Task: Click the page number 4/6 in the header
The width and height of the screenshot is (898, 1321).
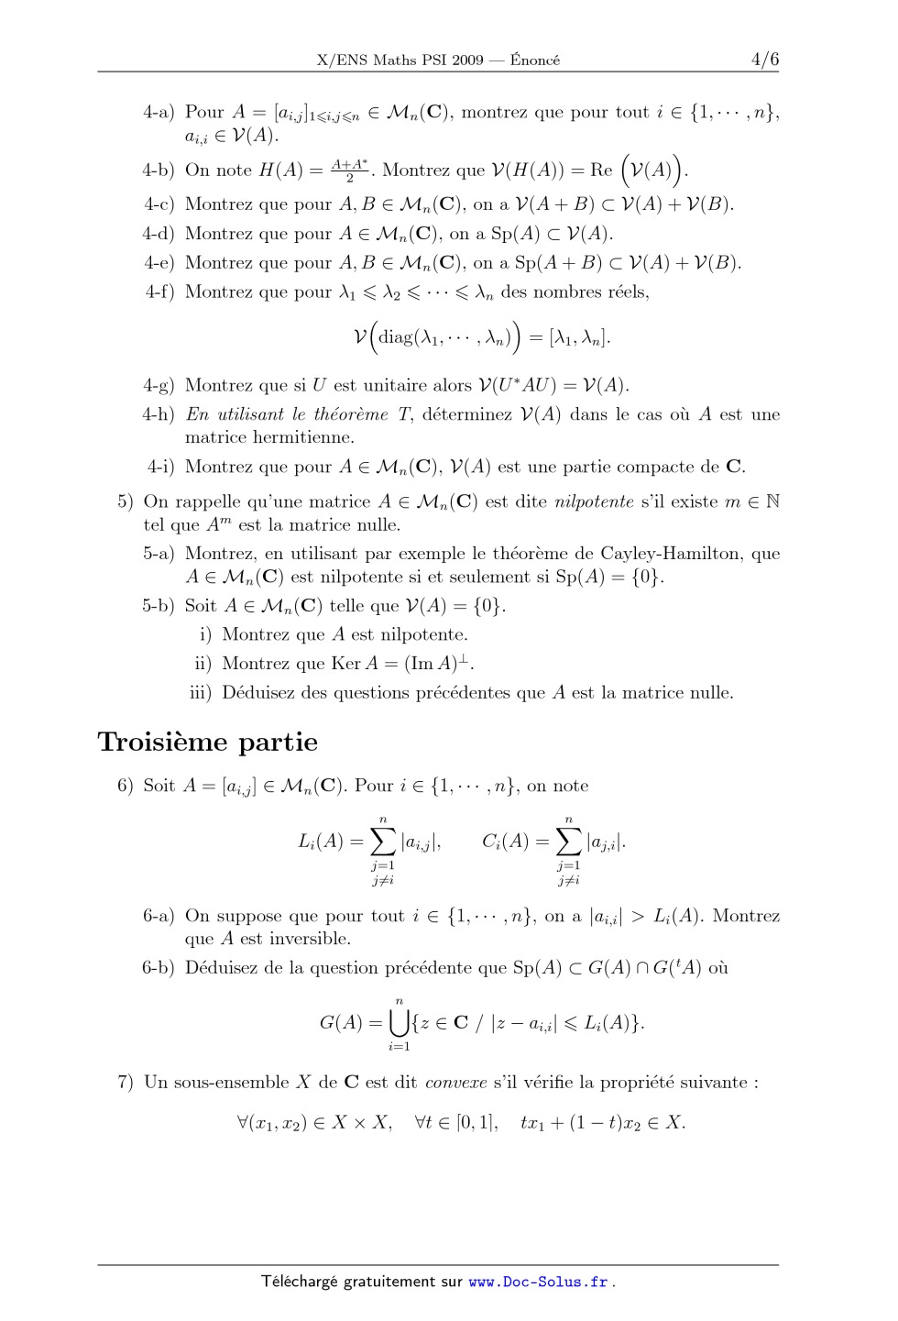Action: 764,61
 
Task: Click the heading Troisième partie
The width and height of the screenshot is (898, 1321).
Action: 208,743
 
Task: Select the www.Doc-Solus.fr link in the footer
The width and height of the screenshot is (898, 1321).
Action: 538,1282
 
